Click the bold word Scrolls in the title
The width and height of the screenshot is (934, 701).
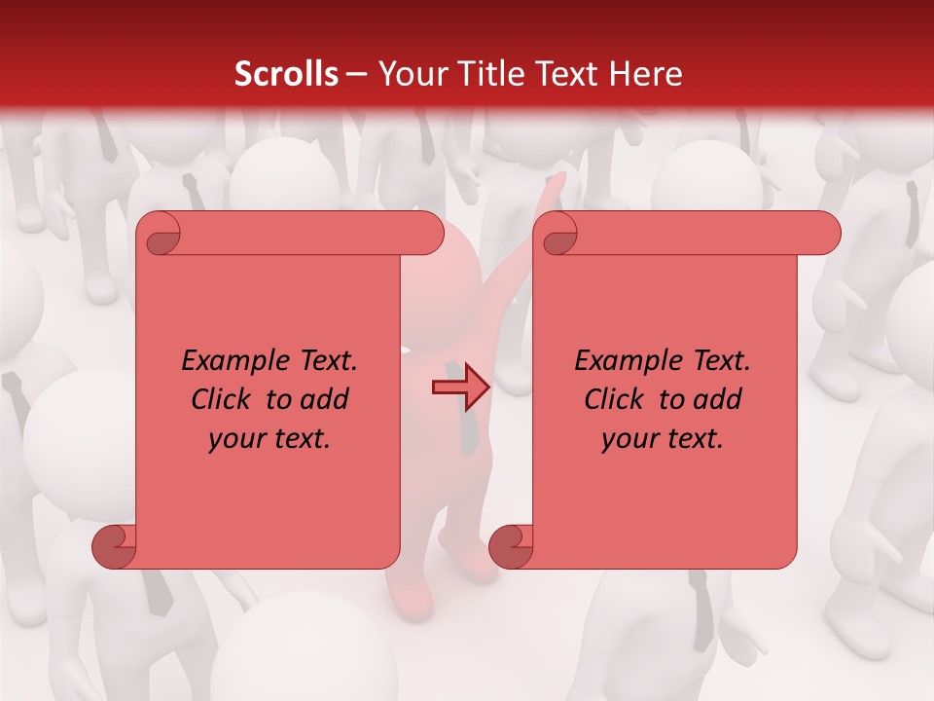pos(287,74)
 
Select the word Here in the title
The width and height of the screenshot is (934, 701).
pos(647,74)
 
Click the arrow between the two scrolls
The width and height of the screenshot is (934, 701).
pos(461,388)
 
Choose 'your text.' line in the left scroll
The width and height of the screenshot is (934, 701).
pos(269,439)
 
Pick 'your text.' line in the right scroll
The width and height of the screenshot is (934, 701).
pos(663,439)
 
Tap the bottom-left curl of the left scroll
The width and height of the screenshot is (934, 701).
pos(114,545)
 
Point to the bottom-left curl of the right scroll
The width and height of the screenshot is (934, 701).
pos(511,545)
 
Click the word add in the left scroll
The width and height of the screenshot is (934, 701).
pos(325,399)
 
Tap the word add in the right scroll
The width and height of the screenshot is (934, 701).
pos(718,399)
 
